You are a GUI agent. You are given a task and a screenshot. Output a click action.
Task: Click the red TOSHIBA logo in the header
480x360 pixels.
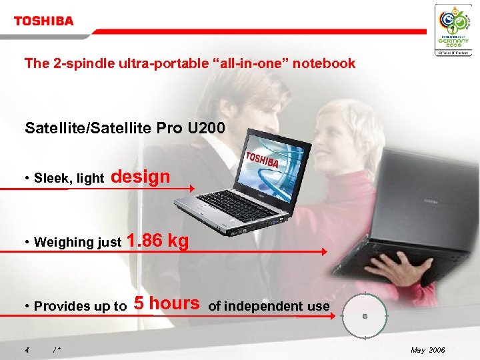click(44, 21)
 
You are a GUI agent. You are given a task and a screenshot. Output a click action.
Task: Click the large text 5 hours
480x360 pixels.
click(167, 303)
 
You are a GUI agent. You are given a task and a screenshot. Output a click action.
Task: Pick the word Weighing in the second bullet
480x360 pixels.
click(59, 242)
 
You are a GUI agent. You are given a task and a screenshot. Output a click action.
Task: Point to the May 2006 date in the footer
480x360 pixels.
click(429, 350)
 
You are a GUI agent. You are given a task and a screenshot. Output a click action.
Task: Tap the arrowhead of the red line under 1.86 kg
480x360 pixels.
click(325, 252)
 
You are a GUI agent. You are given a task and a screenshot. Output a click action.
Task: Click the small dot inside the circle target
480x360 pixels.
click(365, 317)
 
